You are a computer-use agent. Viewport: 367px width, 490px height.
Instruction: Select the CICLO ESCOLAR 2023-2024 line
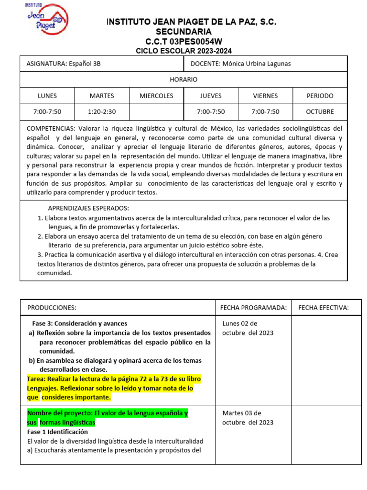tap(184, 51)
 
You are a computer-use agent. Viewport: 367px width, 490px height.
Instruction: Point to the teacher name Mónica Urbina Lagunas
tap(257, 64)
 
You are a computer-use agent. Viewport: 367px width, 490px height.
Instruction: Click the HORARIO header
tap(183, 79)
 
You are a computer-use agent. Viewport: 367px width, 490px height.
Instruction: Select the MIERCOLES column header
tap(156, 96)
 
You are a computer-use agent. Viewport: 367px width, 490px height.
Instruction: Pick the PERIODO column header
tap(320, 96)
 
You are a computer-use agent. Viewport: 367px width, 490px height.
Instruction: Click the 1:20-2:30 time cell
tap(102, 111)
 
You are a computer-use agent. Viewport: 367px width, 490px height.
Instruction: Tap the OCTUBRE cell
tap(320, 111)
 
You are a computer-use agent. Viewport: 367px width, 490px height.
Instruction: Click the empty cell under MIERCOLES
tap(156, 111)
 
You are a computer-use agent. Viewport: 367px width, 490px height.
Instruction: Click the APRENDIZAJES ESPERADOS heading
tap(88, 208)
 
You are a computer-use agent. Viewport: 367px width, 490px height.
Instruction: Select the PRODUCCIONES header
tap(52, 307)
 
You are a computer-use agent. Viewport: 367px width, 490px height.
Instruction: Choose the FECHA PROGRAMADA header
tap(253, 307)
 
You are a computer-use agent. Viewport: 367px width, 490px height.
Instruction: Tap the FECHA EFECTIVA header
tap(324, 307)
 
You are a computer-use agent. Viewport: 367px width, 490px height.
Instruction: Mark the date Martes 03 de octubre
tap(248, 417)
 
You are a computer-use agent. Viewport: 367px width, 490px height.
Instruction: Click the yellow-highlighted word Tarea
tap(37, 379)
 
